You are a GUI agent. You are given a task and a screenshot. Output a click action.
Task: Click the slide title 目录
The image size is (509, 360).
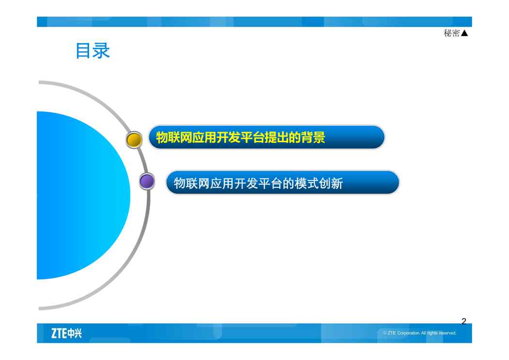click(93, 51)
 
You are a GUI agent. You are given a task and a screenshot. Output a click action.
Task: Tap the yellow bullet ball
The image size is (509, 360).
click(134, 140)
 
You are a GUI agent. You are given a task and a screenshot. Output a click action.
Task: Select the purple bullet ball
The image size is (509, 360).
click(147, 181)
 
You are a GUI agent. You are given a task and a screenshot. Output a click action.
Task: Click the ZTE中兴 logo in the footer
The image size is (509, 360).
click(67, 333)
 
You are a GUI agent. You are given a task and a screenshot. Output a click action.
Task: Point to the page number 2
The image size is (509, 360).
click(464, 321)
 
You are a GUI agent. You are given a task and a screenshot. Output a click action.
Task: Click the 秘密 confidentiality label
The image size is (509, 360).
click(451, 33)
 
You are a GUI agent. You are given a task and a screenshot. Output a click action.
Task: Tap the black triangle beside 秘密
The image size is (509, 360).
click(464, 33)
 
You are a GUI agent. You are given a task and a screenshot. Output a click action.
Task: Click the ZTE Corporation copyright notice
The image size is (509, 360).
click(419, 333)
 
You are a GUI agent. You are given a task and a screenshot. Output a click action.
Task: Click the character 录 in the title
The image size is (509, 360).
click(102, 51)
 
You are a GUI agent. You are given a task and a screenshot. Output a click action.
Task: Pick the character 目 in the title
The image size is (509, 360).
click(83, 51)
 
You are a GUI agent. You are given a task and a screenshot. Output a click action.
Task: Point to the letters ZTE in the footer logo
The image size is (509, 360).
click(59, 333)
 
